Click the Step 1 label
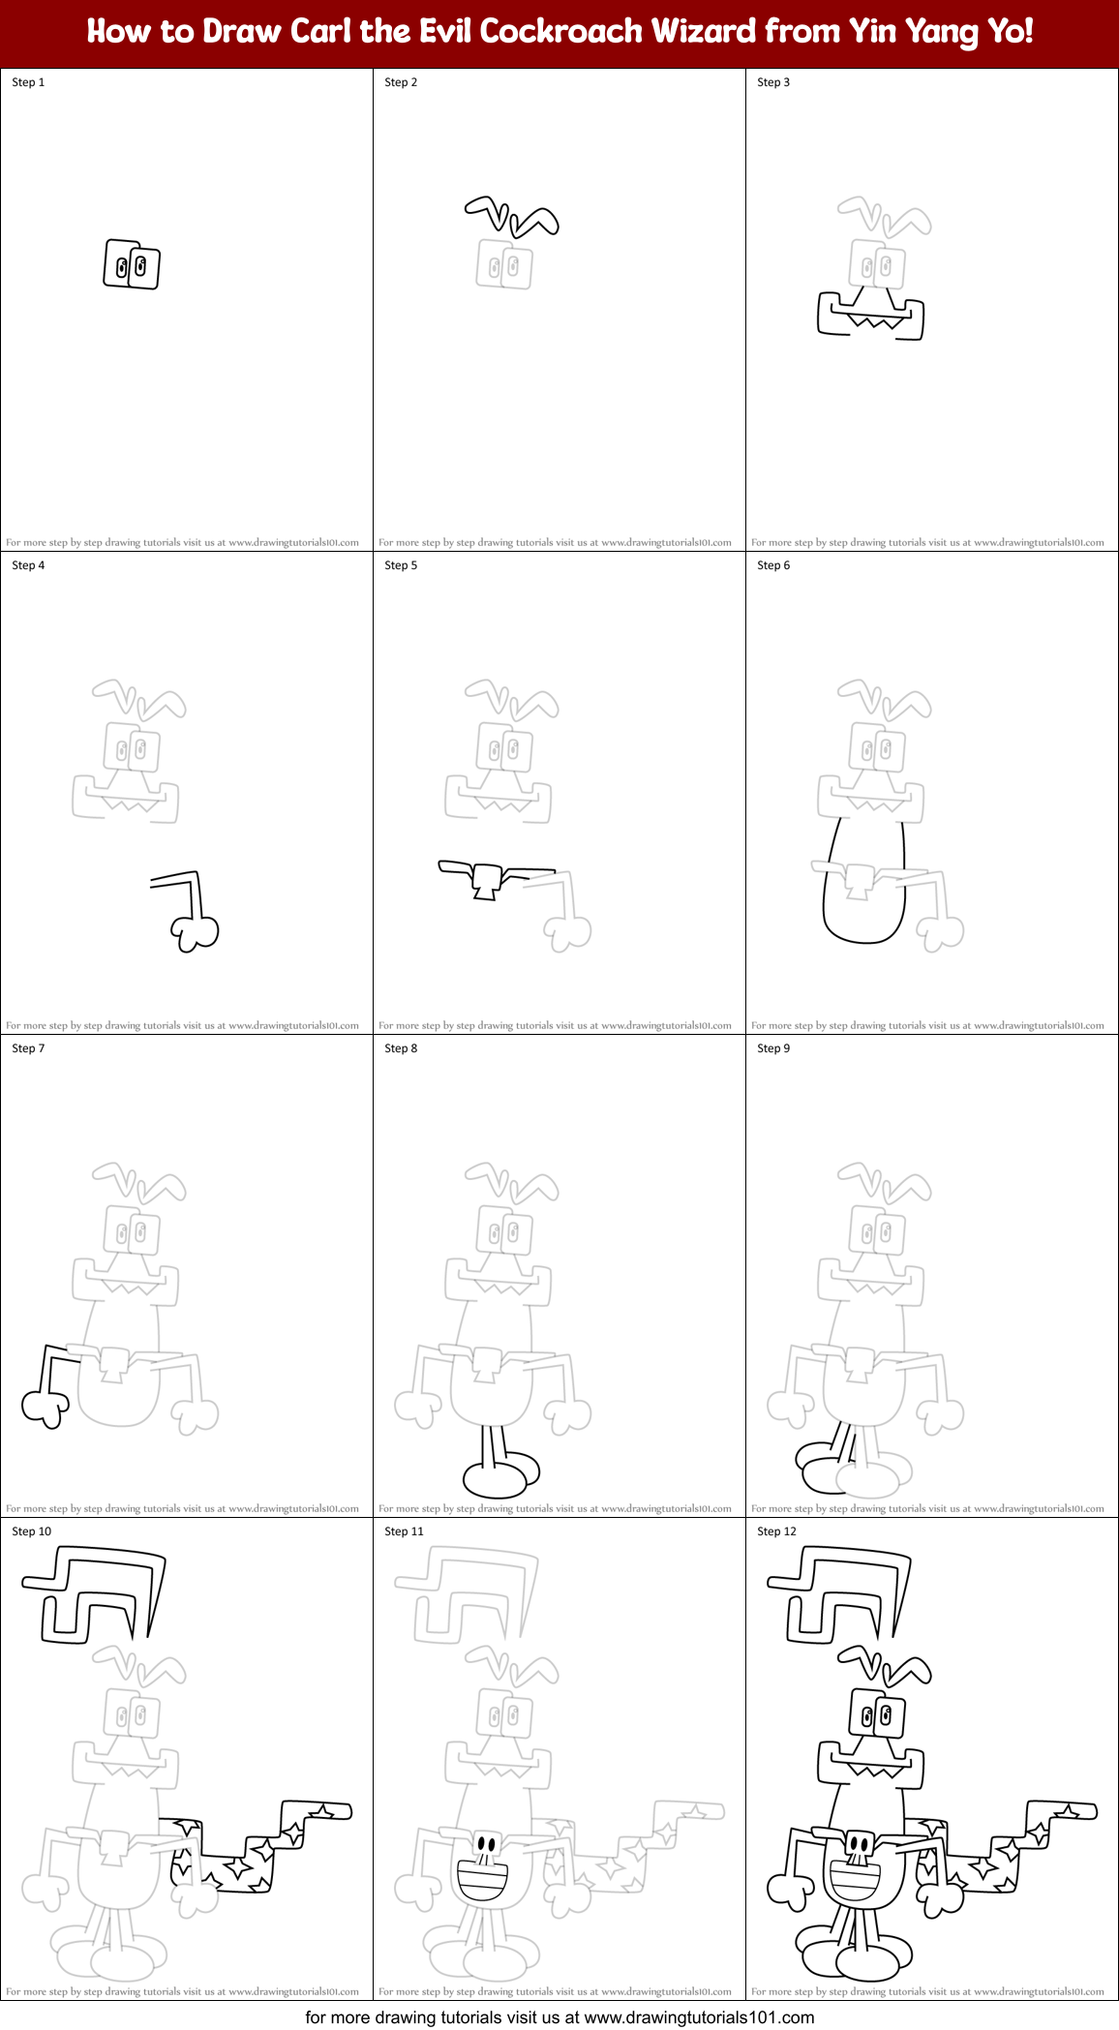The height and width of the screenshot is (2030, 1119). coord(28,82)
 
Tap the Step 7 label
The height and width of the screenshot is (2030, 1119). coord(28,1048)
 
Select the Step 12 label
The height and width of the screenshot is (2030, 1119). coord(776,1531)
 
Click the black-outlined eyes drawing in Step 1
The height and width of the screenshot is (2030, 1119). coord(132,264)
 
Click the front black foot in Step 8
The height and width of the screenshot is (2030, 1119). coord(495,1479)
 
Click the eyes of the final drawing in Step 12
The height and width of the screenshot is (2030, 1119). coord(877,1716)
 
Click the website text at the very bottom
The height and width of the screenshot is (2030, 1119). coord(559,2017)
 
